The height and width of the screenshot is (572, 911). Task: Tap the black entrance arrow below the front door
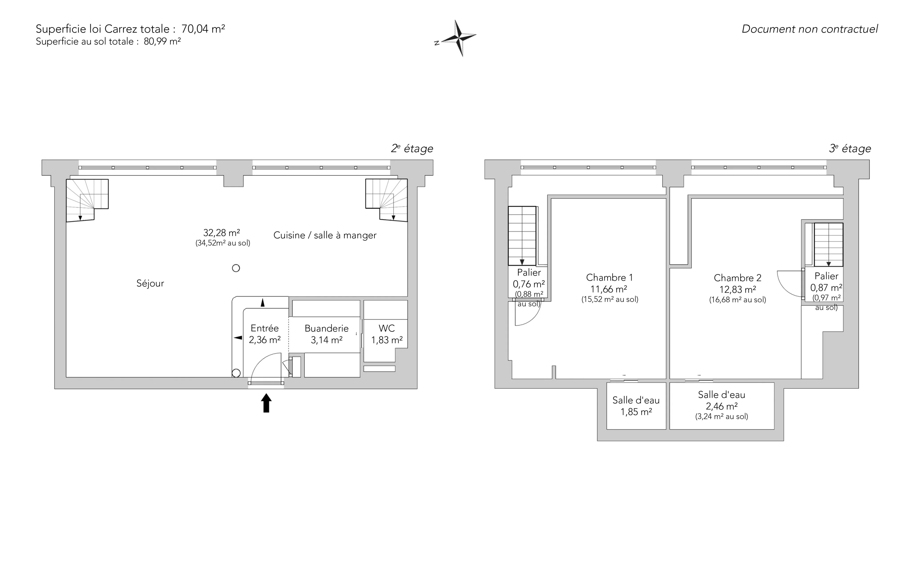(266, 403)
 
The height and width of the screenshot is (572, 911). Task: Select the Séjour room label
(150, 283)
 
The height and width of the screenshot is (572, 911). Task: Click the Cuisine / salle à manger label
(325, 235)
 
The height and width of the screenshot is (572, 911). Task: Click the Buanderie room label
(327, 328)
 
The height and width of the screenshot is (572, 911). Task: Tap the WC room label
(387, 328)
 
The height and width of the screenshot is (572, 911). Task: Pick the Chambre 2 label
(738, 278)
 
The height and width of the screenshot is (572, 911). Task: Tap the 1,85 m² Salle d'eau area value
(636, 412)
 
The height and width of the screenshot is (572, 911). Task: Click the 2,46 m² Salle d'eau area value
(722, 406)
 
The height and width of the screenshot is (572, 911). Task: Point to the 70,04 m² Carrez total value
(203, 29)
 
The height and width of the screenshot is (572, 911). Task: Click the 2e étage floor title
(412, 148)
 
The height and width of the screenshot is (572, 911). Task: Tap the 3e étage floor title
(850, 148)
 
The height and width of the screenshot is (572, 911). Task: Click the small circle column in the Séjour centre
(236, 268)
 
